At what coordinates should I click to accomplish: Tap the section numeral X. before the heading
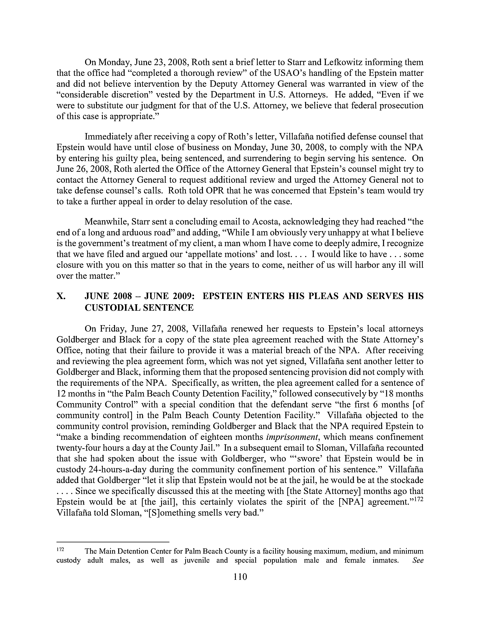tap(61, 296)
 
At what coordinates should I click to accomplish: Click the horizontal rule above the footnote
tap(113, 542)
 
